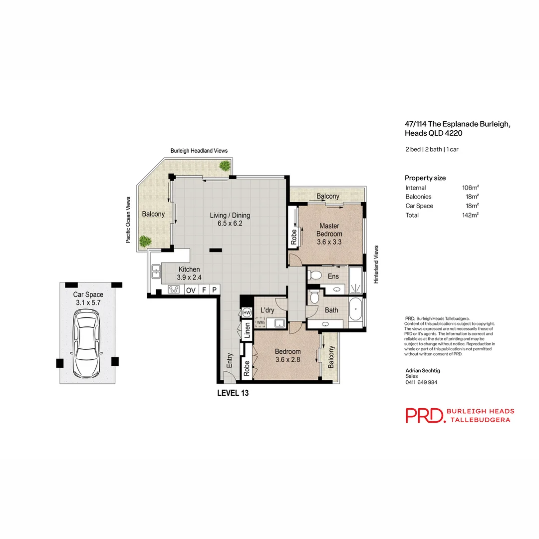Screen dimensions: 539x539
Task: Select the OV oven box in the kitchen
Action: point(190,290)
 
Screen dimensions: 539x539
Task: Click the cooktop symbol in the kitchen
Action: point(174,289)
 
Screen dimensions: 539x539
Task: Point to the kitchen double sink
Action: point(155,271)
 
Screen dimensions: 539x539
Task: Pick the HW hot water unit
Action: point(247,312)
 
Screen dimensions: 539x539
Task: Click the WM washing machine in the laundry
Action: point(260,322)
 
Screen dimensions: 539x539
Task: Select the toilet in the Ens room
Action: point(315,275)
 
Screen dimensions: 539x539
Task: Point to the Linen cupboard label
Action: point(247,330)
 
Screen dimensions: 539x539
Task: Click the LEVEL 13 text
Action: point(233,393)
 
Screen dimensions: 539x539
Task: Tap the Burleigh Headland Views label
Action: point(199,150)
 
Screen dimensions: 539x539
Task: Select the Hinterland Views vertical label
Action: point(377,265)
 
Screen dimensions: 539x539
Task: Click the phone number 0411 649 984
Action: point(421,382)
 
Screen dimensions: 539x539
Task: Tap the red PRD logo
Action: point(424,415)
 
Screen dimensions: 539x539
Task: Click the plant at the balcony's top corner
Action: point(225,165)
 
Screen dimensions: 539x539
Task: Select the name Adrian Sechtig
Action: point(422,371)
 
